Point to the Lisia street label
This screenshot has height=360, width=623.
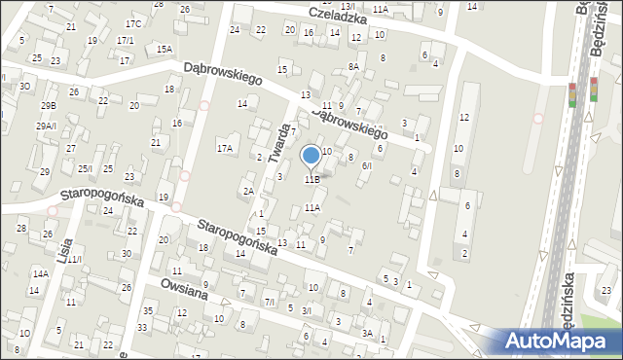[x=65, y=248]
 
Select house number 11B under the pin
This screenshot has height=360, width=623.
[x=311, y=179]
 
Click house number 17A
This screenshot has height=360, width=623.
[x=225, y=149]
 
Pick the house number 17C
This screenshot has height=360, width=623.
[x=132, y=23]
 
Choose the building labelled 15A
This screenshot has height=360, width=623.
[x=165, y=49]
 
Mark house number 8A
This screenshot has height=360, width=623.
[x=354, y=67]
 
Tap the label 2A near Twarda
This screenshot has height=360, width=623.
[x=248, y=191]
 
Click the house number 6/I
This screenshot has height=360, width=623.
[x=366, y=165]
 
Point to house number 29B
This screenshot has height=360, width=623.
[x=48, y=105]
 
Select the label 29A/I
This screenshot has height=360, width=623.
[x=47, y=126]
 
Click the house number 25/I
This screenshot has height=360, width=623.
[x=85, y=169]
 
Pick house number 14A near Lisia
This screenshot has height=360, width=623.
[x=40, y=273]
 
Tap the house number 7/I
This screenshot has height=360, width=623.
[x=270, y=303]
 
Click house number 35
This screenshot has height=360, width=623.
[x=147, y=311]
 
